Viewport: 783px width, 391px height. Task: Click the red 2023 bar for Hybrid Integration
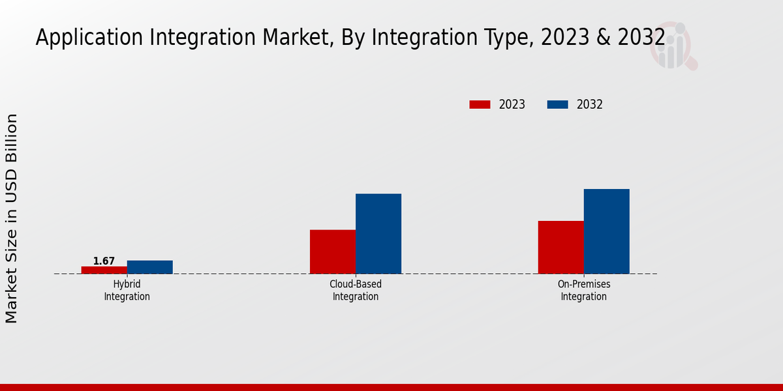point(104,270)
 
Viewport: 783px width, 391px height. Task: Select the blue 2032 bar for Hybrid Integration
point(150,267)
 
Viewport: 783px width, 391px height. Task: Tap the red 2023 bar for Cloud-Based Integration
point(333,252)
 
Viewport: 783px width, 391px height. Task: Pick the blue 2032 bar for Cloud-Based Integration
point(378,233)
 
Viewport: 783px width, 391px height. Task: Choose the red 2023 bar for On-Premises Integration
point(561,247)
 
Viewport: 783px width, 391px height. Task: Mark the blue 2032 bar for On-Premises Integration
point(607,231)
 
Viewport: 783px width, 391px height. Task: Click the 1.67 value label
point(104,261)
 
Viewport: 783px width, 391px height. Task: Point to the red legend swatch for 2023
point(480,104)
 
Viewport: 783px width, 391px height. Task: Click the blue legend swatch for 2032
point(557,104)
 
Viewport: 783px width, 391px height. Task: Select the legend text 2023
point(512,104)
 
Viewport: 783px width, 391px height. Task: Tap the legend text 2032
point(590,104)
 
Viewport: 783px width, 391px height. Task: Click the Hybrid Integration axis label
point(127,291)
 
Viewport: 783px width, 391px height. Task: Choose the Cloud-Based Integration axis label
point(356,291)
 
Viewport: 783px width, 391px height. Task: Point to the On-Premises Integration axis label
point(584,291)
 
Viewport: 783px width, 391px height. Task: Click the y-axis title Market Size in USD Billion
point(12,218)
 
